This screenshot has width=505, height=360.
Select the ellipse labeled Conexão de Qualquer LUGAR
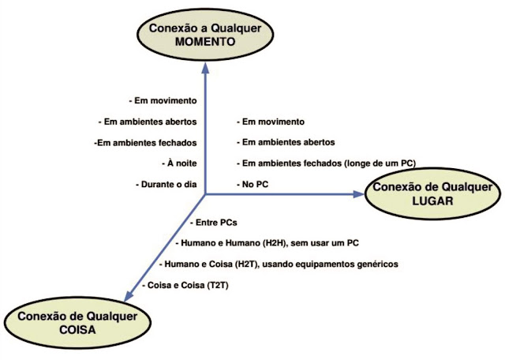[x=432, y=193]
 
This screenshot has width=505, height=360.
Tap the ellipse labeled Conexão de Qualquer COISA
[x=75, y=323]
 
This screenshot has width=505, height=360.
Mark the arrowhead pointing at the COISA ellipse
[x=128, y=294]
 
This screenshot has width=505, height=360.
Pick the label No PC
[x=255, y=184]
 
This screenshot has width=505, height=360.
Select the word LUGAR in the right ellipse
[x=432, y=201]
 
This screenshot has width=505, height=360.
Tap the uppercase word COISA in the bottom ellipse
[x=74, y=331]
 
